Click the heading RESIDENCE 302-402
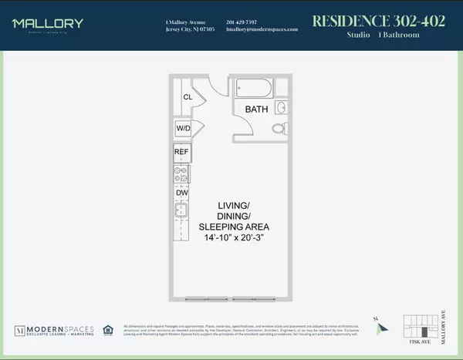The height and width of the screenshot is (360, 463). tap(378, 21)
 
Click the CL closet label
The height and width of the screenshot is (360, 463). tap(187, 97)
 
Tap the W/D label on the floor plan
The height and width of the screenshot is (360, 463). tap(184, 128)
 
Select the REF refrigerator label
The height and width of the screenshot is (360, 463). tap(182, 152)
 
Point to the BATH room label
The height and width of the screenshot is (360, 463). tap(256, 109)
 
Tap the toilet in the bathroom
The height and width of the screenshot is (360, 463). tap(280, 128)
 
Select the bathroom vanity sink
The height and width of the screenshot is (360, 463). tap(281, 107)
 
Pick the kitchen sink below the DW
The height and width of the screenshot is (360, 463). tap(182, 212)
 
